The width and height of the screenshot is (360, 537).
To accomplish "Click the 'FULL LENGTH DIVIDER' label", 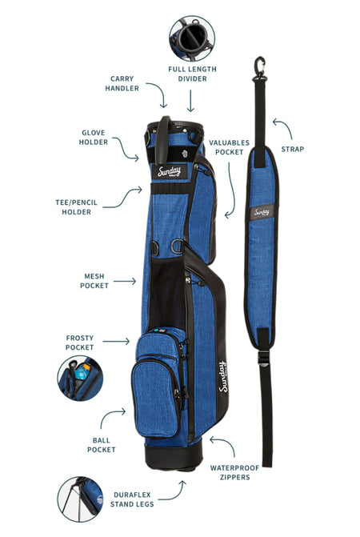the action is pyautogui.click(x=192, y=74).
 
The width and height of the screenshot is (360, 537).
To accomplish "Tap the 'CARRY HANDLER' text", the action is pyautogui.click(x=122, y=83).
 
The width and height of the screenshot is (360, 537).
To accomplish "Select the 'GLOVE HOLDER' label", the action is pyautogui.click(x=93, y=138).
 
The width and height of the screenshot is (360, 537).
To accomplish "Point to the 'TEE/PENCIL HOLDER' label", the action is pyautogui.click(x=76, y=207).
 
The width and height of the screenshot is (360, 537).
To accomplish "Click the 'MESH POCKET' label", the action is pyautogui.click(x=94, y=281).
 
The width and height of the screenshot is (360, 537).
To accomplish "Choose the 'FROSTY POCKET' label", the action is pyautogui.click(x=79, y=343).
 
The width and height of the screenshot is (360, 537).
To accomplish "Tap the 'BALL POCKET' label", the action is pyautogui.click(x=102, y=445).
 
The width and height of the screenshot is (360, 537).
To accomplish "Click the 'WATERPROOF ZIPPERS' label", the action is pyautogui.click(x=234, y=472).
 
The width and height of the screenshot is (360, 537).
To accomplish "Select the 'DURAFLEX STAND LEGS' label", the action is pyautogui.click(x=132, y=499).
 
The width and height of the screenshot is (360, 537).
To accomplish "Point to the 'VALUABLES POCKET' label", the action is pyautogui.click(x=230, y=147).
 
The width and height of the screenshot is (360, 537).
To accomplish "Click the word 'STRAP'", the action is pyautogui.click(x=293, y=149).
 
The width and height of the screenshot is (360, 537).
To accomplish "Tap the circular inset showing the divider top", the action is pyautogui.click(x=192, y=38).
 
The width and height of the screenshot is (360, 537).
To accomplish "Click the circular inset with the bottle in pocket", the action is pyautogui.click(x=80, y=378).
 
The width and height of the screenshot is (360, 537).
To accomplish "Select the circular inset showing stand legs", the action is pyautogui.click(x=80, y=499).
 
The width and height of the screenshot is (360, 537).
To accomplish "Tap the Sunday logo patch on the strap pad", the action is pyautogui.click(x=262, y=212).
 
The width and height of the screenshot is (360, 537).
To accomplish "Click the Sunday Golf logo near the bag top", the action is pyautogui.click(x=170, y=171).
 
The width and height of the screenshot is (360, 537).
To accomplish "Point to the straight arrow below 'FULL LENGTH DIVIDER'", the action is pyautogui.click(x=190, y=101).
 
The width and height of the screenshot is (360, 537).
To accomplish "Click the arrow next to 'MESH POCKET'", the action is pyautogui.click(x=125, y=281).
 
